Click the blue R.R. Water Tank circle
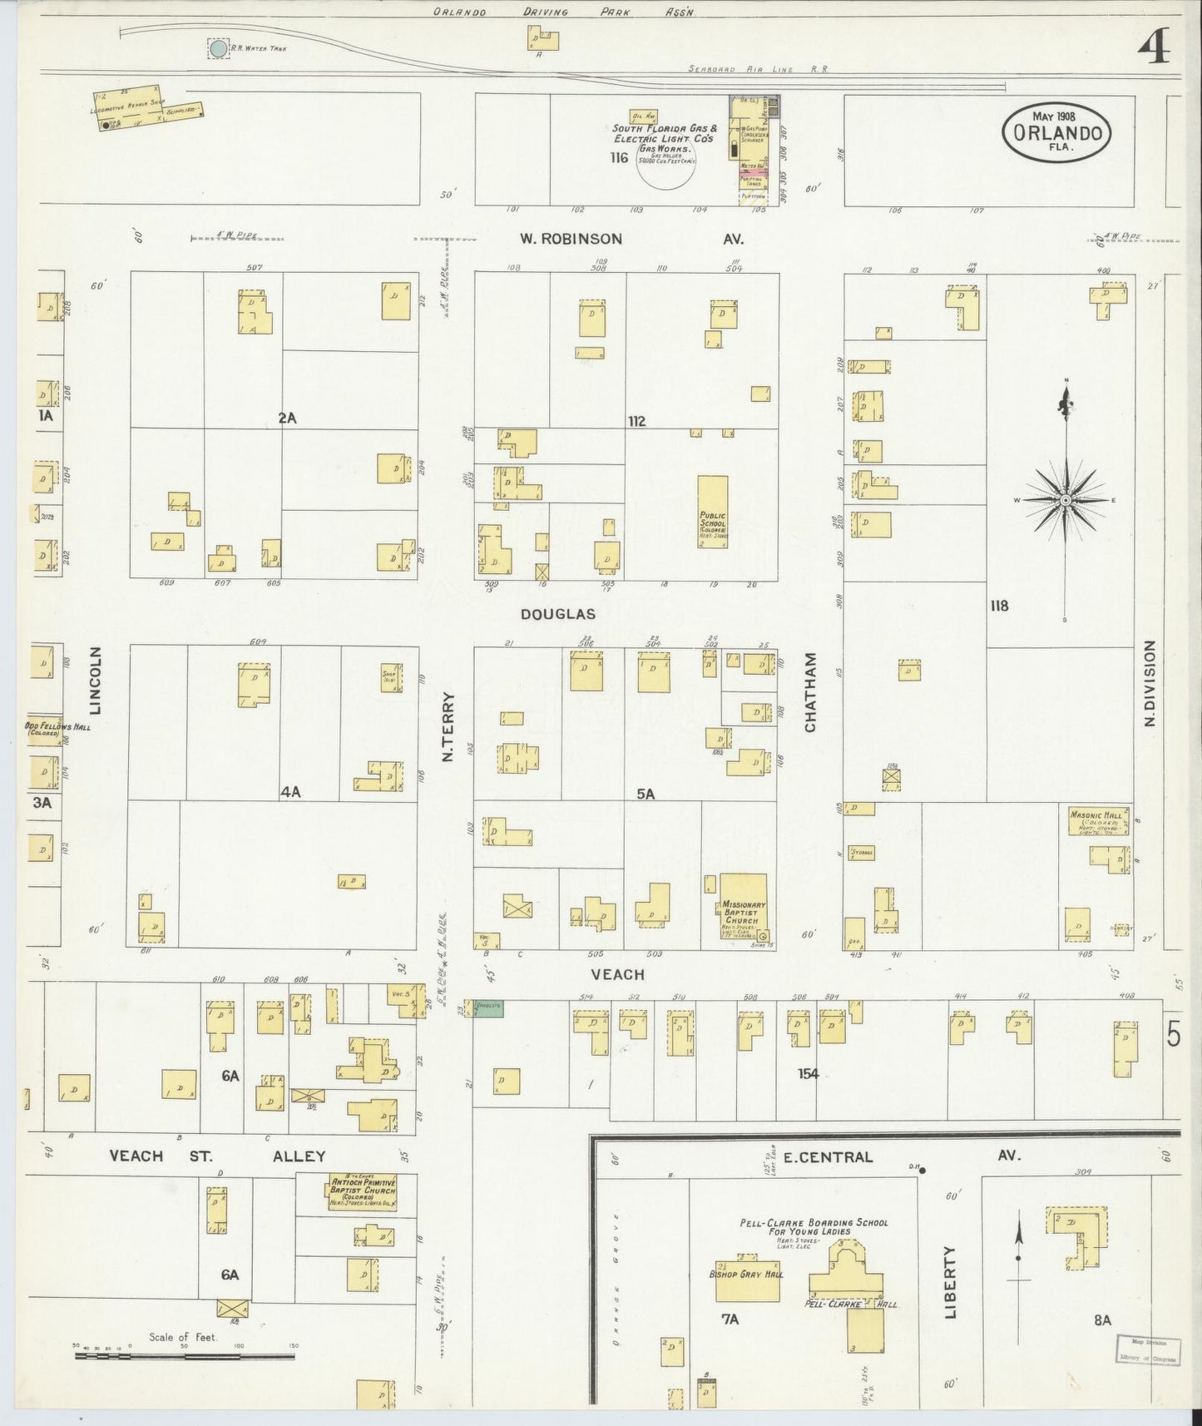218,49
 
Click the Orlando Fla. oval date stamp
1057,133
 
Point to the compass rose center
1065,500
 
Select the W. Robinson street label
571,239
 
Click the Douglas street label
557,614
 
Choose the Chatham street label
810,692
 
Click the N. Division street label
1150,683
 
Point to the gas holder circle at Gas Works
666,163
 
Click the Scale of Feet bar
185,1357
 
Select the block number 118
999,606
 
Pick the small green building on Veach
488,1007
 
